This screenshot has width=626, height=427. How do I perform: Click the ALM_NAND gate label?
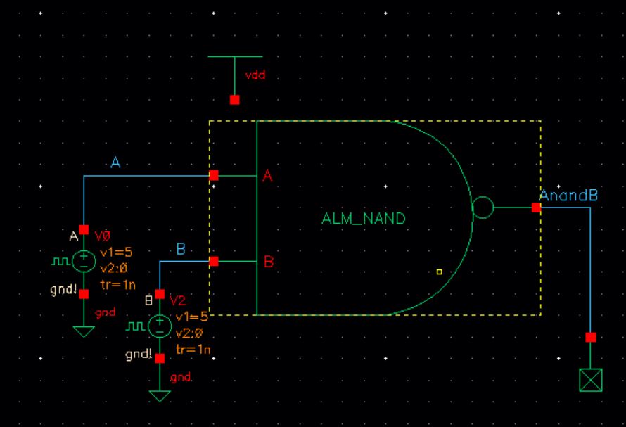coord(364,219)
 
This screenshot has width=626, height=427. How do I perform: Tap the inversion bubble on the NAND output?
coord(483,208)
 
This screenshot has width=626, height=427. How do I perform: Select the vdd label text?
coord(255,75)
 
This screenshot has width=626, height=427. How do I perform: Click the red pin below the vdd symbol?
coord(235,100)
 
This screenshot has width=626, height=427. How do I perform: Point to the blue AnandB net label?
coord(568,195)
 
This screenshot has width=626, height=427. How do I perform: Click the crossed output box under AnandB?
coord(590,381)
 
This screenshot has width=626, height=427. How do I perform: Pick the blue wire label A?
coord(116,163)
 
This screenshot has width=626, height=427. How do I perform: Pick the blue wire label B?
coord(181,249)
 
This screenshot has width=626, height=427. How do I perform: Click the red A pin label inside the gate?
coord(267,177)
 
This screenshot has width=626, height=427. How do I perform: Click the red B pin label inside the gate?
coord(268,262)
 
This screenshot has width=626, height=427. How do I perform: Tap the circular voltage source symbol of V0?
coord(84,262)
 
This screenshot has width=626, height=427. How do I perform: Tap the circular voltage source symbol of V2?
coord(160,326)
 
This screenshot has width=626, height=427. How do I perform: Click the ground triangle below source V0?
coord(84,331)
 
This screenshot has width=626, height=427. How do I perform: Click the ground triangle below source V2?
coord(160,395)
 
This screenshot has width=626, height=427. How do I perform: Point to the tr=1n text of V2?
coord(193,349)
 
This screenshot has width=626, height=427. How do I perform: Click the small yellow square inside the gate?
coord(439,271)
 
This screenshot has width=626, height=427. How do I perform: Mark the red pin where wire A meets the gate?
coord(214,175)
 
